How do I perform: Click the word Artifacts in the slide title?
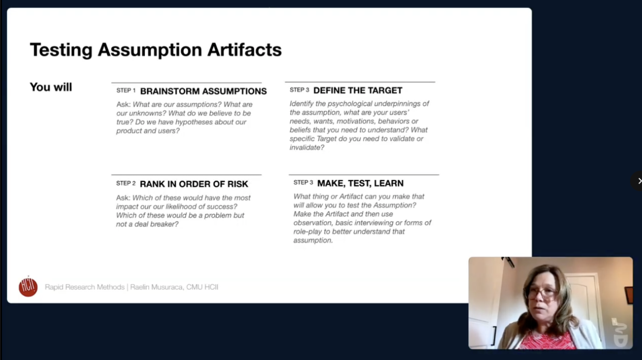244,50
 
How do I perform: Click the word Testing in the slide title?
61,50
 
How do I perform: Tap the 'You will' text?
51,87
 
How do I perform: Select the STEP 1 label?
126,90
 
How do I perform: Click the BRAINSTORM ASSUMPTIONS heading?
203,91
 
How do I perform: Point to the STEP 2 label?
126,183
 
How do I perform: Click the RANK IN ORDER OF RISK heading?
194,184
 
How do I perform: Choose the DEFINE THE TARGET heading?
358,90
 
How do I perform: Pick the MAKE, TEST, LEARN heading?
360,183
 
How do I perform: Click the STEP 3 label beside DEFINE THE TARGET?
299,90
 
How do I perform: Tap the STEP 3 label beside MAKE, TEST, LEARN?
303,183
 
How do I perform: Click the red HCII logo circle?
28,287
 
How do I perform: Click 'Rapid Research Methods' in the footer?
85,287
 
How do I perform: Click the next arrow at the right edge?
639,181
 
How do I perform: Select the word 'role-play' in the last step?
307,232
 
